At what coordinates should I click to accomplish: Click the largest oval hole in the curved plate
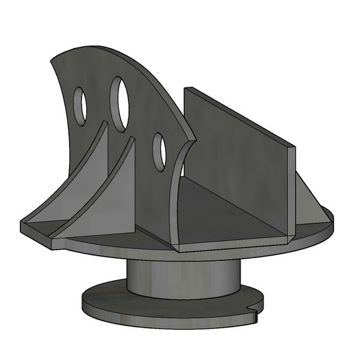point(121,103)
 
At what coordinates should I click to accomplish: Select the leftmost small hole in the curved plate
point(80,106)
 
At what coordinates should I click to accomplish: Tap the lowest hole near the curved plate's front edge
point(159,151)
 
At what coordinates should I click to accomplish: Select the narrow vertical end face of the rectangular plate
point(292,192)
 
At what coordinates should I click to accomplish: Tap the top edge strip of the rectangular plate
point(240,117)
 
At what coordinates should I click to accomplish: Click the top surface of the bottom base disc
point(108,294)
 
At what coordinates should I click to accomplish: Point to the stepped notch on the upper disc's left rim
point(53,243)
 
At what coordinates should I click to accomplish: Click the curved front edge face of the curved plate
point(175,198)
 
